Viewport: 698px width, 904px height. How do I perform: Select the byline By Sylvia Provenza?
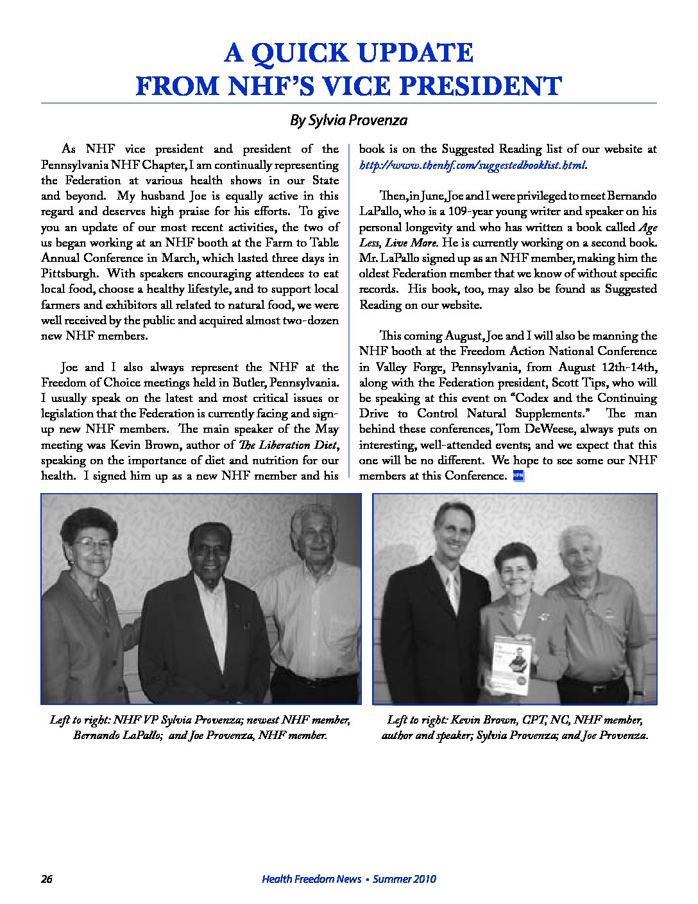(348, 120)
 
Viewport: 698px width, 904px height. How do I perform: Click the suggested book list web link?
(472, 165)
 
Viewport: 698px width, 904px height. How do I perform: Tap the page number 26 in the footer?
(46, 879)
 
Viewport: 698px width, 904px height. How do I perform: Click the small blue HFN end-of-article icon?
(519, 476)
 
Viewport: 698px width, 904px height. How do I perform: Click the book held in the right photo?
(510, 665)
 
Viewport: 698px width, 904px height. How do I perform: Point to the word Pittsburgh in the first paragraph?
(69, 274)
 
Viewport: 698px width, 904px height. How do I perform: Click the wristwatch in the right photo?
(638, 693)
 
